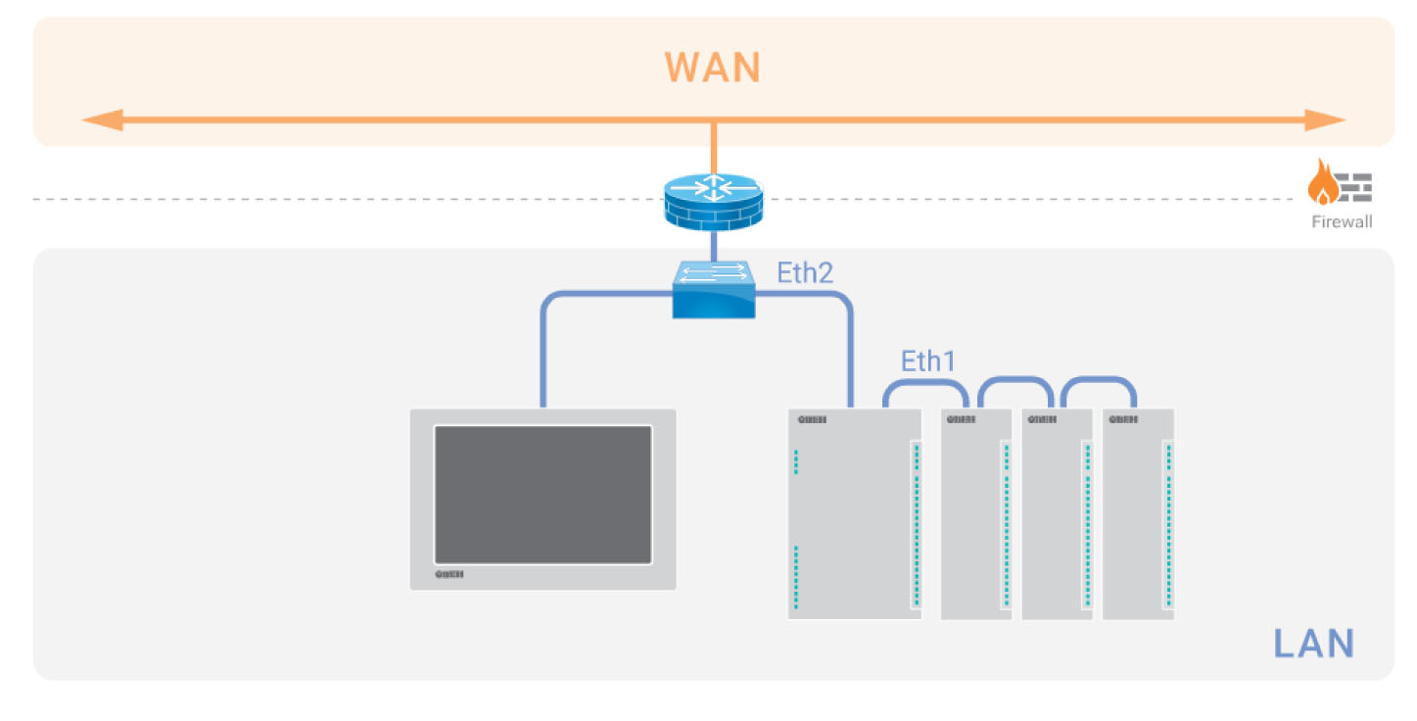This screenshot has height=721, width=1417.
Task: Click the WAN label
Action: (x=712, y=68)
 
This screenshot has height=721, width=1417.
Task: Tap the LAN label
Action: (x=1313, y=644)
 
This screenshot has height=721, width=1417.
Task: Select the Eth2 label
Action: (x=805, y=272)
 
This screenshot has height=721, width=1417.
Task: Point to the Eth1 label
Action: (x=927, y=360)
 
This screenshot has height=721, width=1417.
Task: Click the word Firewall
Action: (x=1342, y=222)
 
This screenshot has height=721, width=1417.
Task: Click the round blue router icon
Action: (x=713, y=199)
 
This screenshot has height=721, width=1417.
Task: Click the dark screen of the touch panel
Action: (x=543, y=495)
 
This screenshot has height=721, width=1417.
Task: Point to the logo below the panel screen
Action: (x=449, y=575)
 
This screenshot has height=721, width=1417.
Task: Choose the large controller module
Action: (x=854, y=514)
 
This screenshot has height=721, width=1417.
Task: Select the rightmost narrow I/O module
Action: (x=1138, y=514)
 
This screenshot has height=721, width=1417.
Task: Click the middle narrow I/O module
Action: (x=1057, y=514)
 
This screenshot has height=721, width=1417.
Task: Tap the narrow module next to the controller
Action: (x=975, y=514)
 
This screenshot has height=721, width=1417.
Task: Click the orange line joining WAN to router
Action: (x=713, y=147)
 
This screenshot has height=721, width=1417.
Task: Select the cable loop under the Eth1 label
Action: (x=926, y=382)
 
